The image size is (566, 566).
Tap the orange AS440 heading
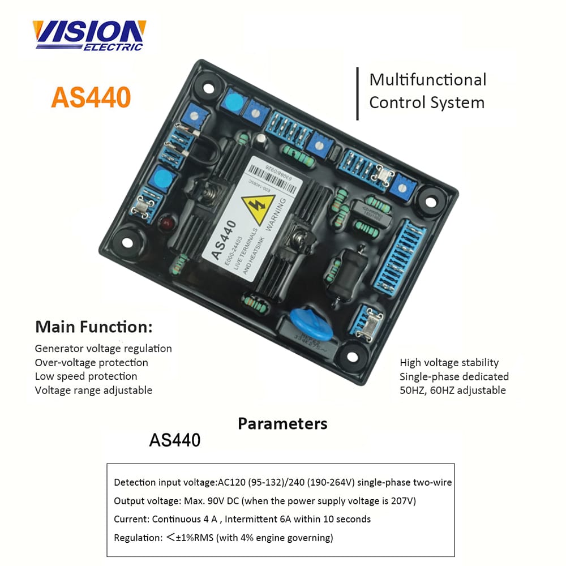[x=91, y=97]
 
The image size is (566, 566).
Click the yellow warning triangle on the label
[x=258, y=209]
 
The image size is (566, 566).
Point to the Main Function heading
[x=94, y=327]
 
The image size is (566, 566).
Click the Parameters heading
[x=282, y=424]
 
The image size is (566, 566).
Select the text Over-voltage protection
[x=91, y=363]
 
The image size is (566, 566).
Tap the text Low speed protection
[x=86, y=376]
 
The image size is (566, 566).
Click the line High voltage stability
[x=449, y=363]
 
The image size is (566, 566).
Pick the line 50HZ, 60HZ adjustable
[x=453, y=390]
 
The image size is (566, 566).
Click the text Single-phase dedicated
[x=454, y=376]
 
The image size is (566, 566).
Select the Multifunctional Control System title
[x=427, y=91]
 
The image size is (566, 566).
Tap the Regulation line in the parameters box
[x=224, y=538]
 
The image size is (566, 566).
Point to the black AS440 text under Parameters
[x=174, y=440]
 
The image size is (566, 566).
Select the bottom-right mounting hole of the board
[x=352, y=357]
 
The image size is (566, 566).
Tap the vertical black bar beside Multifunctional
[x=357, y=93]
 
